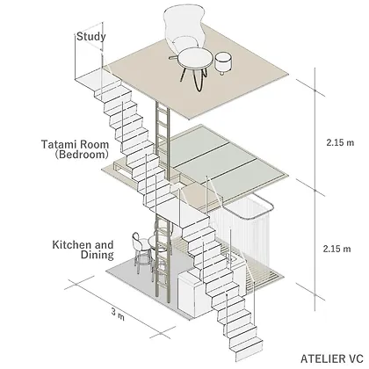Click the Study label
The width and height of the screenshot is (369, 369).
coord(91,37)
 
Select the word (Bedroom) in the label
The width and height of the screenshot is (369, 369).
coord(82,155)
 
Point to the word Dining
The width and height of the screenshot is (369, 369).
coord(98,255)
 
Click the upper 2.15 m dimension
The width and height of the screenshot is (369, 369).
coord(340,143)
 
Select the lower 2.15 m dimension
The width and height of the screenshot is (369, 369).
coord(336,249)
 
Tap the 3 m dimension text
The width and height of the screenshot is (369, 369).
coord(118,314)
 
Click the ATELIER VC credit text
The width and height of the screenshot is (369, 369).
coord(332,358)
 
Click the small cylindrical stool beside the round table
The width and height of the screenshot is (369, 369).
coord(224,62)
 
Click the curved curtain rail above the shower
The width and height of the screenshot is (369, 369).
coord(249,206)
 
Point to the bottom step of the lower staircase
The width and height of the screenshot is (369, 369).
coord(249,350)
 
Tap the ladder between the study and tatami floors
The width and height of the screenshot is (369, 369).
coord(163,141)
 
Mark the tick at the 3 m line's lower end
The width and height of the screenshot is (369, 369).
coord(161,333)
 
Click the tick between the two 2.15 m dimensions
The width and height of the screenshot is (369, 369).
coord(315,190)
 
